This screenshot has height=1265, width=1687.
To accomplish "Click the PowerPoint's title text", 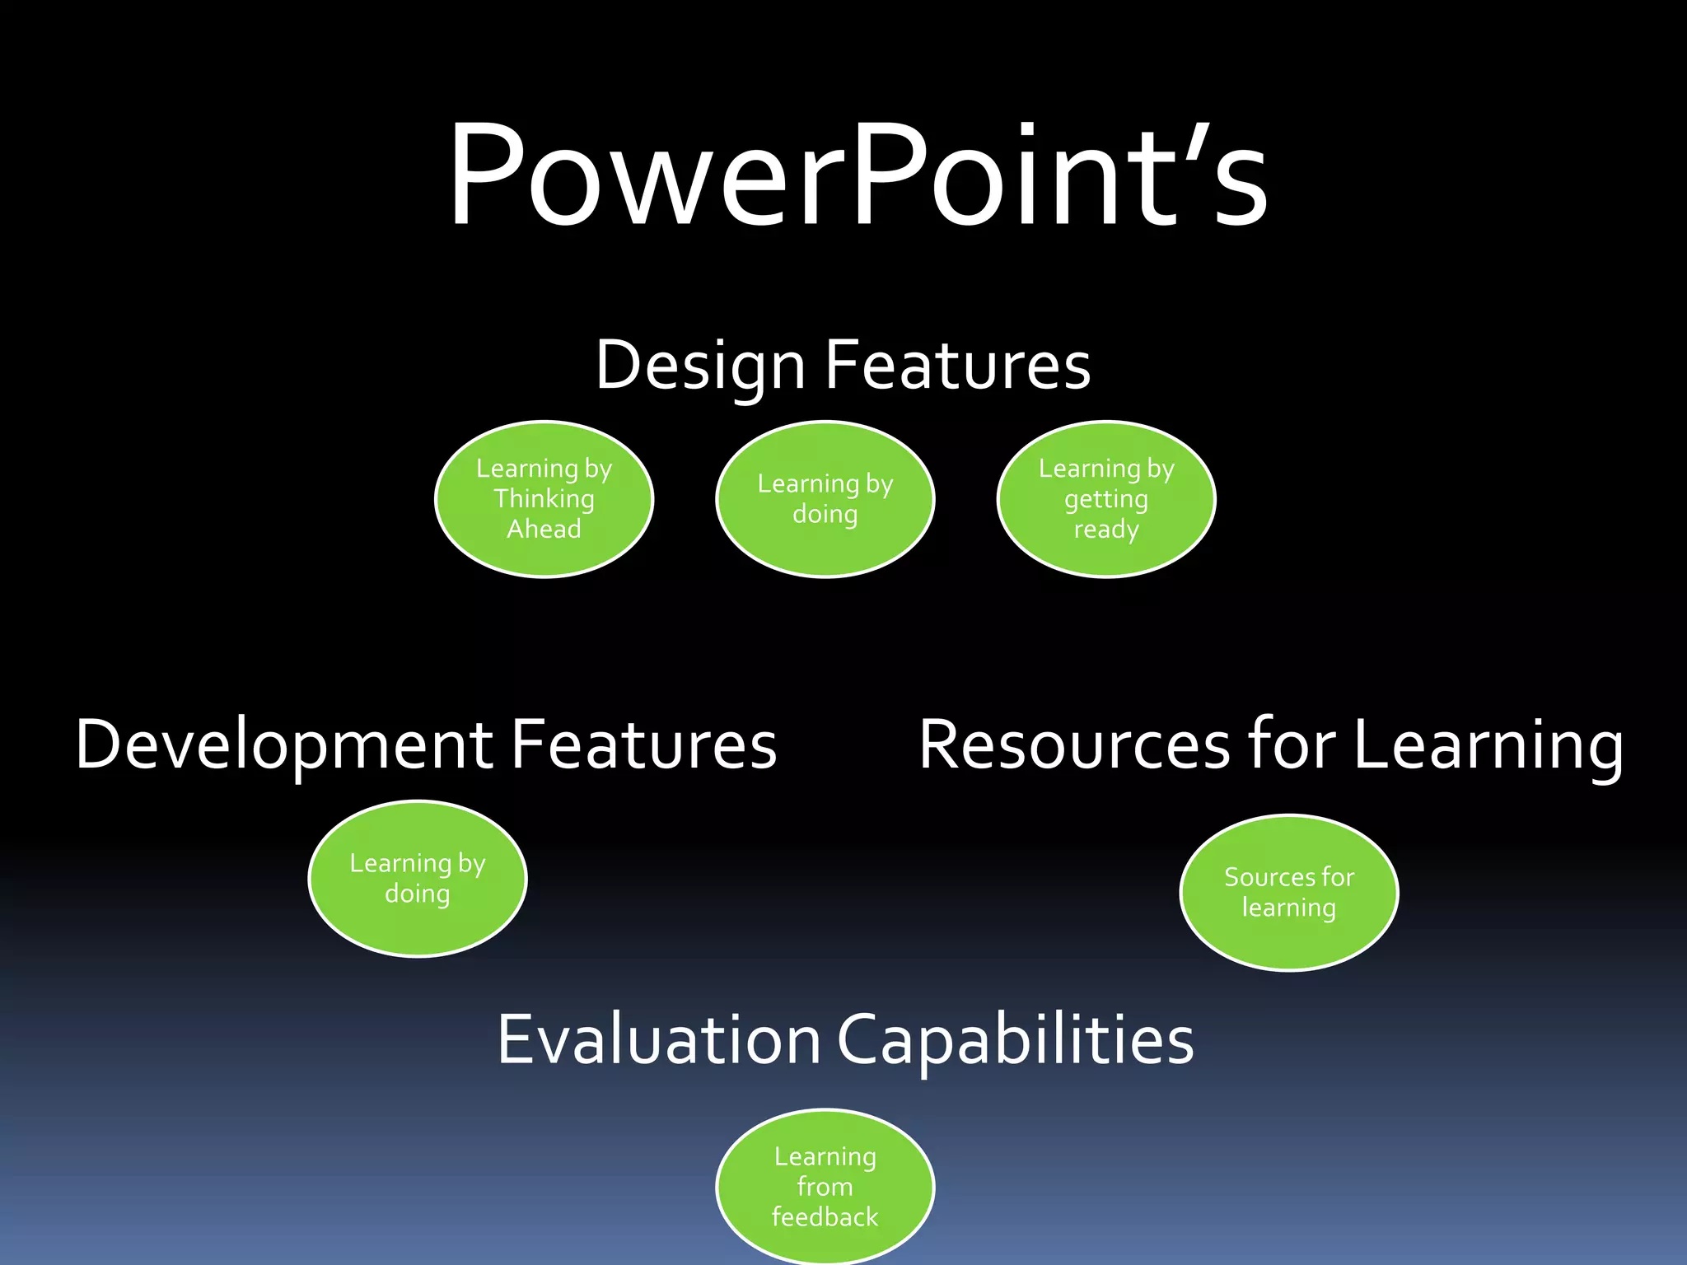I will pyautogui.click(x=857, y=175).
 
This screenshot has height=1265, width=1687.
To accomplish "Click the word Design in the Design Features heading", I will pyautogui.click(x=700, y=366).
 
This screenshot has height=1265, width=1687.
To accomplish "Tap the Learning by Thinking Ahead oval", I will pyautogui.click(x=544, y=499).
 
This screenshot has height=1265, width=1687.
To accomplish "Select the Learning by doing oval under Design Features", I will pyautogui.click(x=825, y=499).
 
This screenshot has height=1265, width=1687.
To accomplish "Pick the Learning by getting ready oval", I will pyautogui.click(x=1106, y=499).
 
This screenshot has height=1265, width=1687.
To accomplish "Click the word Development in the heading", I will pyautogui.click(x=283, y=745).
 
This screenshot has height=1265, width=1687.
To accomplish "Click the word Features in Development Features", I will pyautogui.click(x=644, y=745).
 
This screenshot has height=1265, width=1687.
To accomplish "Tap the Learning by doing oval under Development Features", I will pyautogui.click(x=418, y=878).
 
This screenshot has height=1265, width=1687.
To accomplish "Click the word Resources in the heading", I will pyautogui.click(x=1074, y=745).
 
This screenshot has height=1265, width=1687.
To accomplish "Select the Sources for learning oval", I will pyautogui.click(x=1289, y=893).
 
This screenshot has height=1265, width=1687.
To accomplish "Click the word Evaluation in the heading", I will pyautogui.click(x=659, y=1039).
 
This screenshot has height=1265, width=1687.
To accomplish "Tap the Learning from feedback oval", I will pyautogui.click(x=825, y=1186).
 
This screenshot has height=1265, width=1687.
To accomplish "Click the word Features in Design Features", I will pyautogui.click(x=957, y=366).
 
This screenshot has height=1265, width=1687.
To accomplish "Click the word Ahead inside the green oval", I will pyautogui.click(x=544, y=529).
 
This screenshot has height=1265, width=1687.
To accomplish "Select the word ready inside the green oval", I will pyautogui.click(x=1106, y=530).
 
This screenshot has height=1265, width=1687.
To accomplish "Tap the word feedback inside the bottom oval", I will pyautogui.click(x=825, y=1216).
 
